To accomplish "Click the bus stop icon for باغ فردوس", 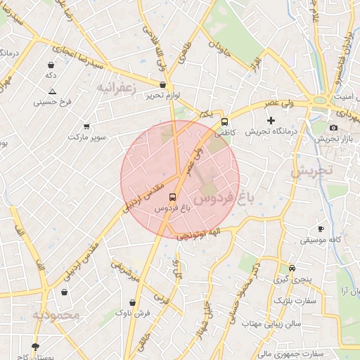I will (x=172, y=198).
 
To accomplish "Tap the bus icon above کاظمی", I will (x=224, y=121).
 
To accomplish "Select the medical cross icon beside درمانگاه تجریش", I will (x=271, y=121).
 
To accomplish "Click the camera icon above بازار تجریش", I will (x=333, y=127).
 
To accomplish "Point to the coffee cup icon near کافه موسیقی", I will (x=321, y=229).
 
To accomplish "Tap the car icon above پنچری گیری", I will (x=292, y=268).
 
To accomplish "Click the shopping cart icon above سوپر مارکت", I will (x=86, y=127).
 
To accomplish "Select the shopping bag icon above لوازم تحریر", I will (x=163, y=85).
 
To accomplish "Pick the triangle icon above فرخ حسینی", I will (x=52, y=91).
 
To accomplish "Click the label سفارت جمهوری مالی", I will (x=288, y=354).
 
